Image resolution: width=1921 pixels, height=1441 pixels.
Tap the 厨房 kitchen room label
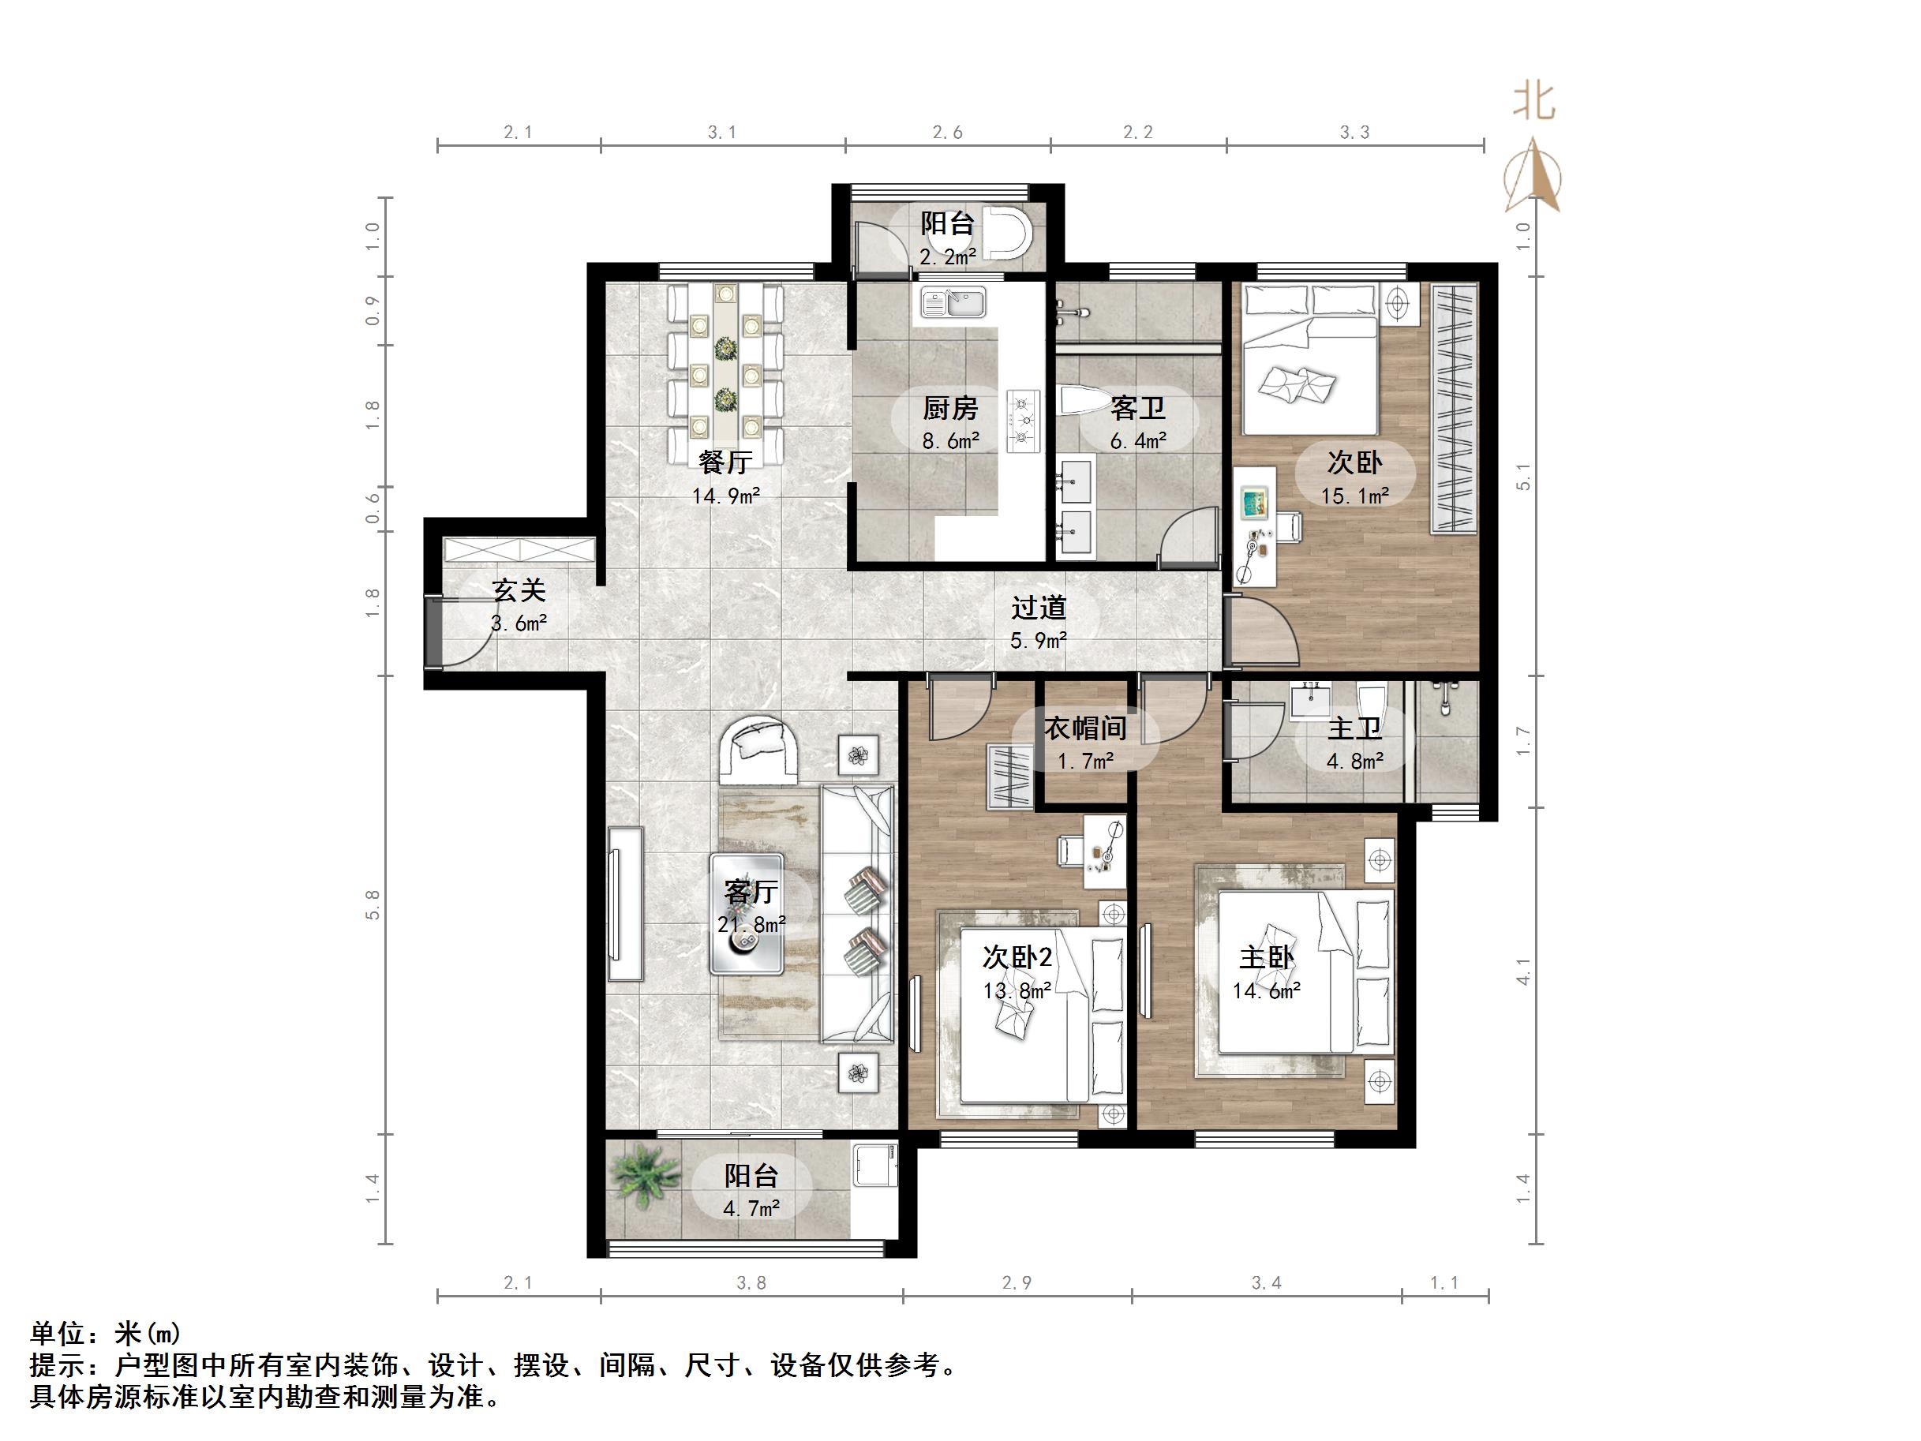pyautogui.click(x=950, y=408)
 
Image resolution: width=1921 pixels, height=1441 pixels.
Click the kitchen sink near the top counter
pyautogui.click(x=953, y=304)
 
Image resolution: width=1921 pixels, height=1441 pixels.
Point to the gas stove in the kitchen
pyautogui.click(x=1023, y=421)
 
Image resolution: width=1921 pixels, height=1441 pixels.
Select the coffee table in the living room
pyautogui.click(x=747, y=914)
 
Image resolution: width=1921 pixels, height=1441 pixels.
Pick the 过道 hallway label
pyautogui.click(x=1038, y=608)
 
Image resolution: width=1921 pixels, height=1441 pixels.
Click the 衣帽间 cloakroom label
pyautogui.click(x=1084, y=728)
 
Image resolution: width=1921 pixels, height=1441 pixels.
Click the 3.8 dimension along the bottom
pyautogui.click(x=751, y=1284)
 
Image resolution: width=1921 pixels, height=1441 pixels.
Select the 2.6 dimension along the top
pyautogui.click(x=947, y=133)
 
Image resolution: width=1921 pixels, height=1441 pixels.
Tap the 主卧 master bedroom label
pyautogui.click(x=1265, y=958)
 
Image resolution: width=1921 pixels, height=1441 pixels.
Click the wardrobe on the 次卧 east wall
pyautogui.click(x=1453, y=408)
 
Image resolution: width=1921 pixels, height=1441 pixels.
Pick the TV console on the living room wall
pyautogui.click(x=625, y=904)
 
